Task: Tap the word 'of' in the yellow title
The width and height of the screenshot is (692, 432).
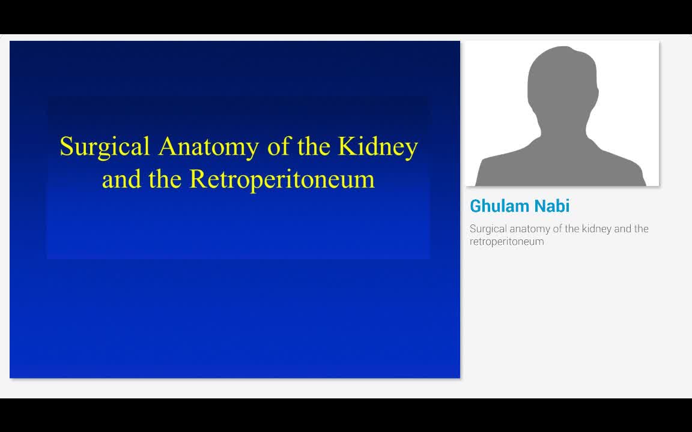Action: [x=279, y=146]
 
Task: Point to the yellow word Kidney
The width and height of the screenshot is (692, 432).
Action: [x=378, y=146]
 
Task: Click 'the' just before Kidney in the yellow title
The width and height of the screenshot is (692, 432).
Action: [x=314, y=146]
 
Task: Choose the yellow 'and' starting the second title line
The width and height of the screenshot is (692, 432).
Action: [x=121, y=179]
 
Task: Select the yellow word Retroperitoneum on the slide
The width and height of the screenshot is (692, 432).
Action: [x=282, y=179]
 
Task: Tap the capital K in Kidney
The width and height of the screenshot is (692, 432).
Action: [x=347, y=146]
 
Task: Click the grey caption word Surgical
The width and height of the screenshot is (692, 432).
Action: [x=487, y=229]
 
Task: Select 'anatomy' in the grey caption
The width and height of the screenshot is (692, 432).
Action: [x=528, y=229]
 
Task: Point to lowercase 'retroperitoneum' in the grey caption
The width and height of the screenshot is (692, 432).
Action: [x=506, y=242]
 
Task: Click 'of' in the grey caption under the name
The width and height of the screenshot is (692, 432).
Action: [x=557, y=229]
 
